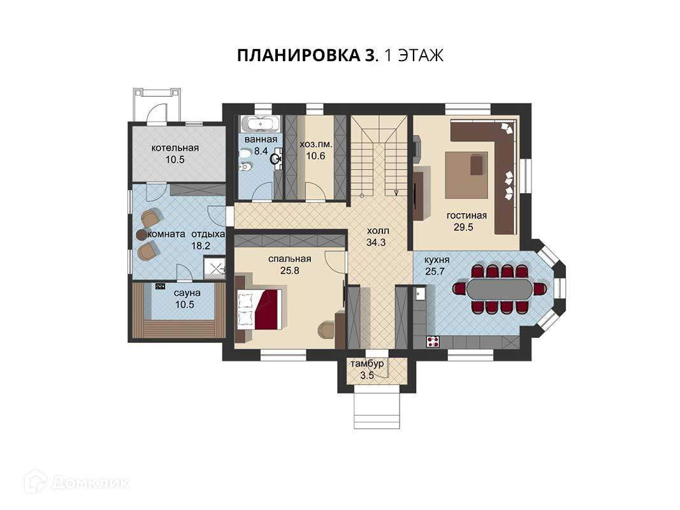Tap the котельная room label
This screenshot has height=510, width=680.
point(175,148)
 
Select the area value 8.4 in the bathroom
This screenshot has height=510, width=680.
point(261,151)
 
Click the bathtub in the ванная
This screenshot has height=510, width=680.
point(260,124)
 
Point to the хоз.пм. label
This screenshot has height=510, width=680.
point(315,145)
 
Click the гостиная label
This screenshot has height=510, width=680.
point(467,215)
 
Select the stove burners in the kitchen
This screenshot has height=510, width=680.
point(433,342)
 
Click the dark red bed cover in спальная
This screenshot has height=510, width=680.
point(269,309)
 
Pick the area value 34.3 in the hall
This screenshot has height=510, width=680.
point(376,242)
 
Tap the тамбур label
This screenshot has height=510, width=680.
point(367,363)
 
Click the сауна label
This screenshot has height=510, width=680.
point(187,293)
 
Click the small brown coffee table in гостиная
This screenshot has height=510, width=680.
point(477,164)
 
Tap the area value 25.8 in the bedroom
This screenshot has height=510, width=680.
point(290,270)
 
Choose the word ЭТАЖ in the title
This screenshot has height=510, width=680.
point(420,55)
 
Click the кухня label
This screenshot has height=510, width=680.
point(437,260)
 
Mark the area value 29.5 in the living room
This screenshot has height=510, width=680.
point(463,227)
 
